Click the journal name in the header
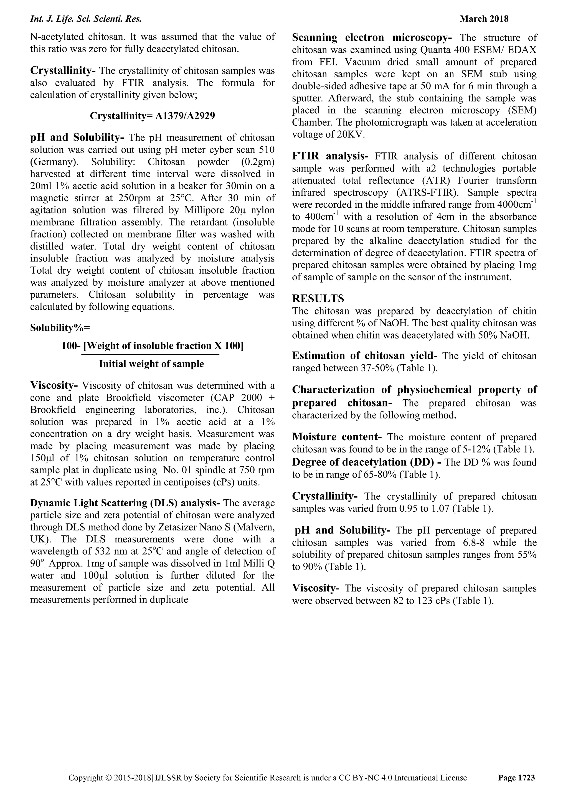(x=86, y=19)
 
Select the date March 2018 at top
(x=484, y=19)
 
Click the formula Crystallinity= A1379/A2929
(x=152, y=116)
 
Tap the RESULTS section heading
(x=318, y=298)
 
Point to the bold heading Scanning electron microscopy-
(x=372, y=37)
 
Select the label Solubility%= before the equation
(x=60, y=328)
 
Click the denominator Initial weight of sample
(x=151, y=364)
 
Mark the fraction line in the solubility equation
(x=150, y=355)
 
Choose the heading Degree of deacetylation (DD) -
(x=367, y=462)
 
